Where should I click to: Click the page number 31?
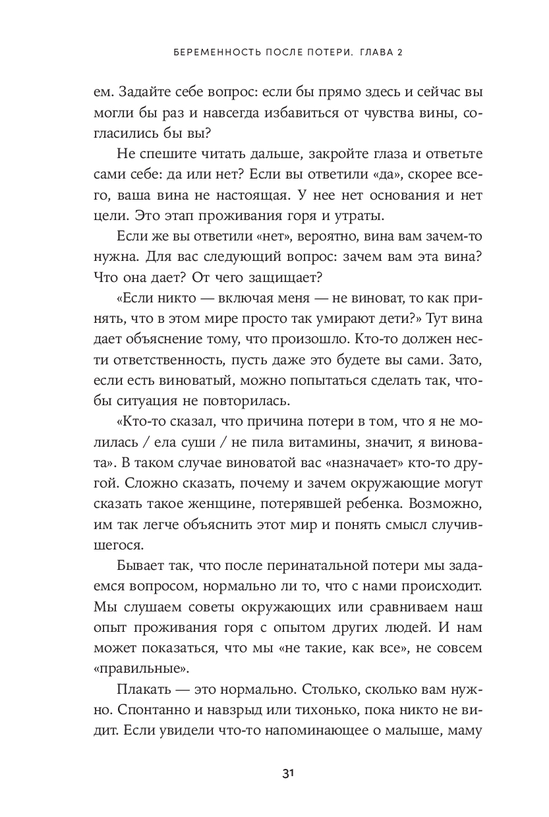287,774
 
